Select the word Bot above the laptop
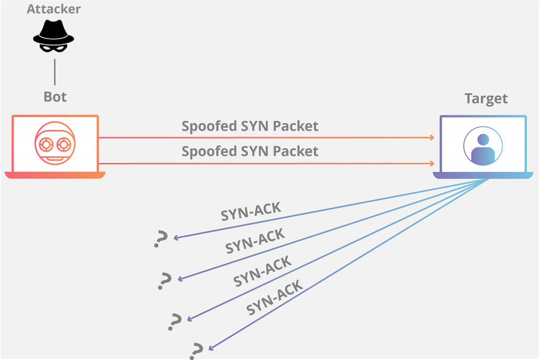[x=55, y=98]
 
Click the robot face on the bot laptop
[x=55, y=143]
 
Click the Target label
[x=486, y=99]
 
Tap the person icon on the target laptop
[x=483, y=145]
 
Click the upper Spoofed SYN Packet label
[x=250, y=127]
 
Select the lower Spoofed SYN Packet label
[x=250, y=152]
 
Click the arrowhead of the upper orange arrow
[x=432, y=138]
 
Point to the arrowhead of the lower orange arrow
[x=432, y=163]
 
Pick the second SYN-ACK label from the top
[x=255, y=241]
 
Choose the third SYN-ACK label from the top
[x=262, y=271]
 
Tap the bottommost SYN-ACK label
[x=274, y=298]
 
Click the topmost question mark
[x=160, y=239]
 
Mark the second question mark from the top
[x=165, y=281]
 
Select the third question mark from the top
[x=175, y=321]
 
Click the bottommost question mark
[x=197, y=350]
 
